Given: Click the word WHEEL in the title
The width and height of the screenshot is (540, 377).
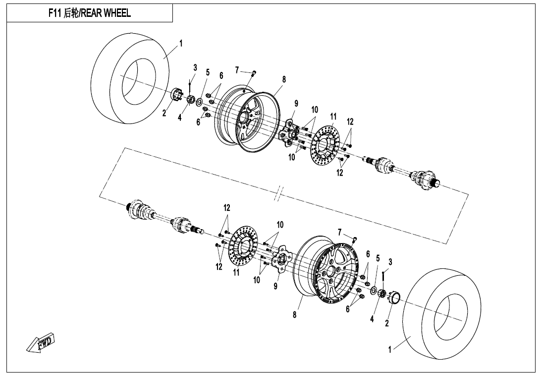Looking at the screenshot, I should point(117,14).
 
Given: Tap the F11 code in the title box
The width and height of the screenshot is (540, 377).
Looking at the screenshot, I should point(54,14).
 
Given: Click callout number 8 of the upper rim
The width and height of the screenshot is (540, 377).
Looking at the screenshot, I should point(284,79).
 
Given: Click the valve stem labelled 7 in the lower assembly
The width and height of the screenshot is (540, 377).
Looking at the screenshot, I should point(355,240).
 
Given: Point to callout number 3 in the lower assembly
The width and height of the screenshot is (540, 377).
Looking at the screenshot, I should point(390,261).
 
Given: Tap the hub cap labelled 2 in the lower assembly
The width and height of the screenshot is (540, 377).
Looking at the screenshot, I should point(395,298).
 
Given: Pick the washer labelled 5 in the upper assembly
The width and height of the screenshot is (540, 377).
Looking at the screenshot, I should point(199,102).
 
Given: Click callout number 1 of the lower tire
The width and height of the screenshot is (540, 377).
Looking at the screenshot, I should point(390,350).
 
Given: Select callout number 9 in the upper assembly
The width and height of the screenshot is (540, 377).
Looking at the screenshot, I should point(296,104).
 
